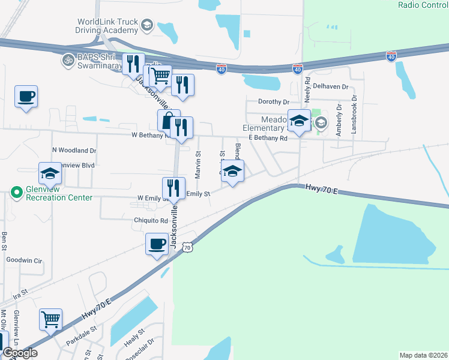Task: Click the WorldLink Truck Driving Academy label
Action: pos(107,26)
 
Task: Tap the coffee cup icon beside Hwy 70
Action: pos(157,244)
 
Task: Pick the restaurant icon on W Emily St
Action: pos(173,187)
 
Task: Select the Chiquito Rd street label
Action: pos(151,221)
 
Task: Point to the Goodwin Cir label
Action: pos(24,261)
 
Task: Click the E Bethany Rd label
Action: pos(267,138)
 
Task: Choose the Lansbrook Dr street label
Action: pos(355,114)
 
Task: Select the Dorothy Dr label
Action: pos(273,102)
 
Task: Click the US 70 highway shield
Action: pos(188,247)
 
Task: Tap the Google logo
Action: pos(20,353)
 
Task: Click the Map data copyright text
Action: pos(423,355)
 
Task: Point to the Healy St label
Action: pos(133,336)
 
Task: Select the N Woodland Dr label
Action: pos(74,150)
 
